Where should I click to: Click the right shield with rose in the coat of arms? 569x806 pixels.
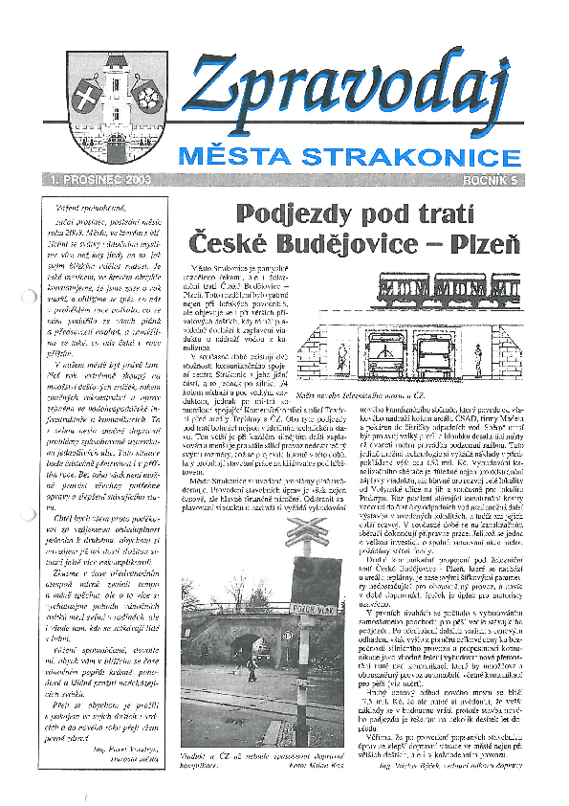point(145,95)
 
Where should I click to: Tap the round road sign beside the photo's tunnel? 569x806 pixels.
point(285,636)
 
